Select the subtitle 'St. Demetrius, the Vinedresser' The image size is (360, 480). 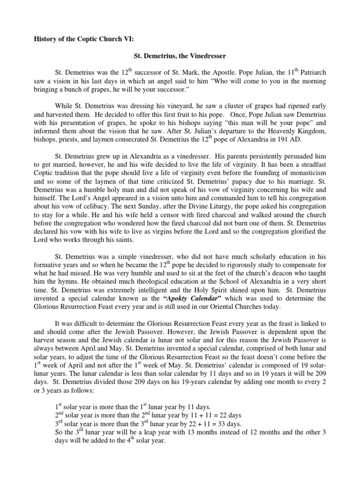click(x=173, y=56)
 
